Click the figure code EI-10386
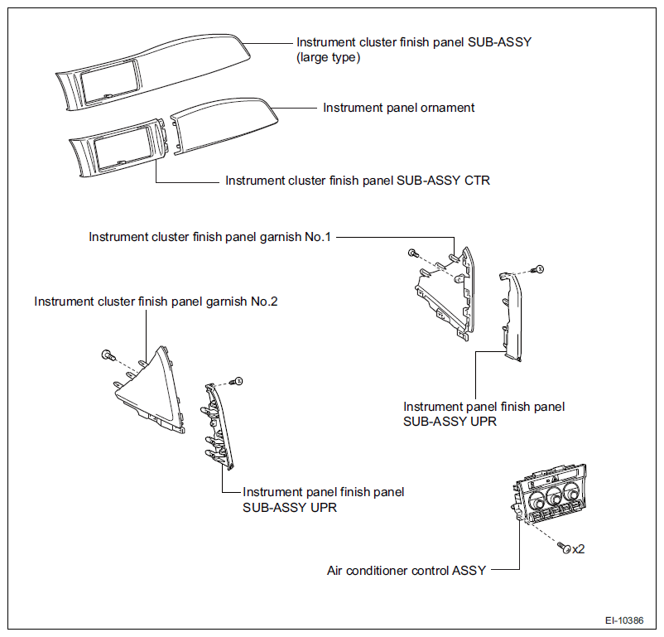click(x=624, y=620)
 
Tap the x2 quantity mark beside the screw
click(x=579, y=549)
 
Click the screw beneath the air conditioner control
click(x=564, y=548)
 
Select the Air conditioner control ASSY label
click(x=407, y=571)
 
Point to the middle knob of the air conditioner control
click(x=554, y=495)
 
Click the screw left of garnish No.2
click(x=108, y=355)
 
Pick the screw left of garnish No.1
click(x=413, y=253)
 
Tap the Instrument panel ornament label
click(x=399, y=108)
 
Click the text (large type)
click(x=328, y=57)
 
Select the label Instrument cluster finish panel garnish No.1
click(x=209, y=237)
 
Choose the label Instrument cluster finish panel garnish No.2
click(x=156, y=302)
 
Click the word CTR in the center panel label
click(x=477, y=181)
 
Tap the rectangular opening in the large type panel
click(x=110, y=81)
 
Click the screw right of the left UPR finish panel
click(x=237, y=381)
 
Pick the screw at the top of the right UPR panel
click(x=538, y=269)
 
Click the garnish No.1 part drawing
click(x=445, y=293)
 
